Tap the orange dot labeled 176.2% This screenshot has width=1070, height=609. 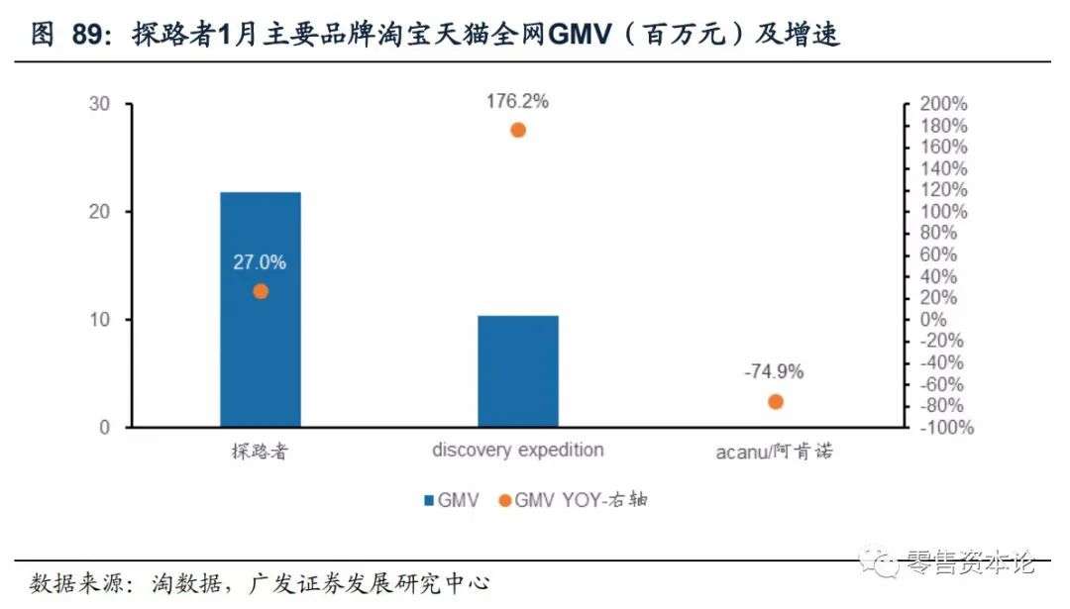517,130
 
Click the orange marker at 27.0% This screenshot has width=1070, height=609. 261,291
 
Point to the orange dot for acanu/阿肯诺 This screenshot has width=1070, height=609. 775,401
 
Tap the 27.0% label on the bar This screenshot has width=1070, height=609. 260,262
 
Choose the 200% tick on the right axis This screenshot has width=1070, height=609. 943,104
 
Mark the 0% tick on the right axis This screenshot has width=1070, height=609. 934,320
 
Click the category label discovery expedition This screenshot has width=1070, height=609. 517,450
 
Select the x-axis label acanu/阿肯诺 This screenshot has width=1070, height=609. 774,452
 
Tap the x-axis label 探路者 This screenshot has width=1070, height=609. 260,452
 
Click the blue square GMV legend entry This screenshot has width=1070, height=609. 452,500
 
